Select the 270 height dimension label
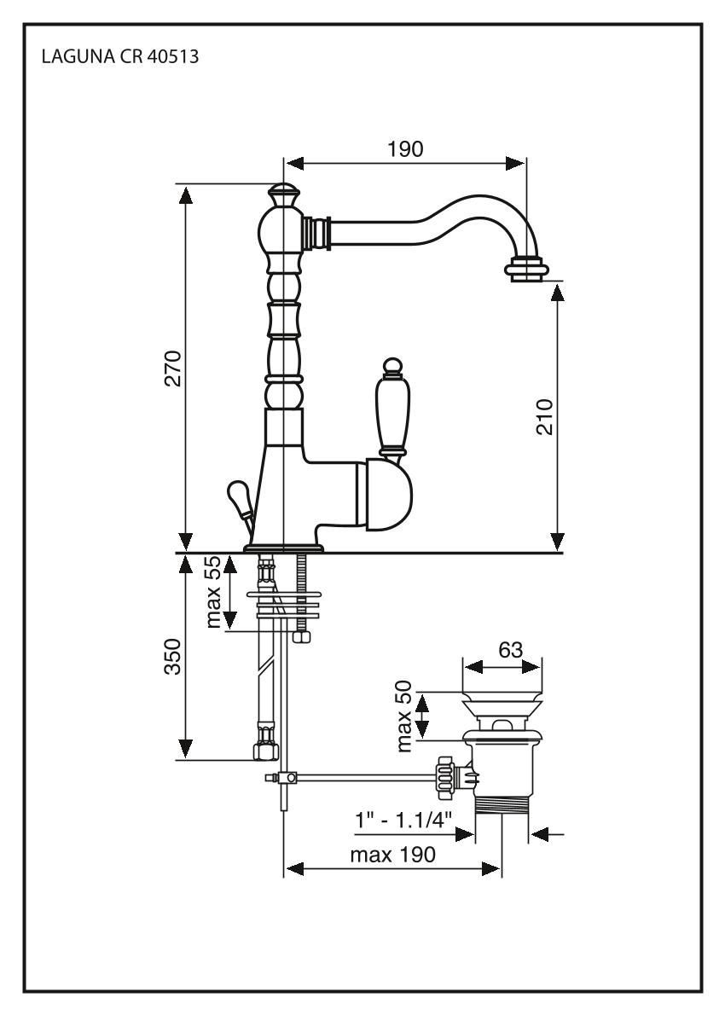(173, 368)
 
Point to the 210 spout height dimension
(543, 415)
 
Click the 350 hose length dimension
(173, 656)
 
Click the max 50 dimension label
(410, 716)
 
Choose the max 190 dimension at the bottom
(393, 855)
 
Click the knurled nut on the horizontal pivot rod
(445, 774)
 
